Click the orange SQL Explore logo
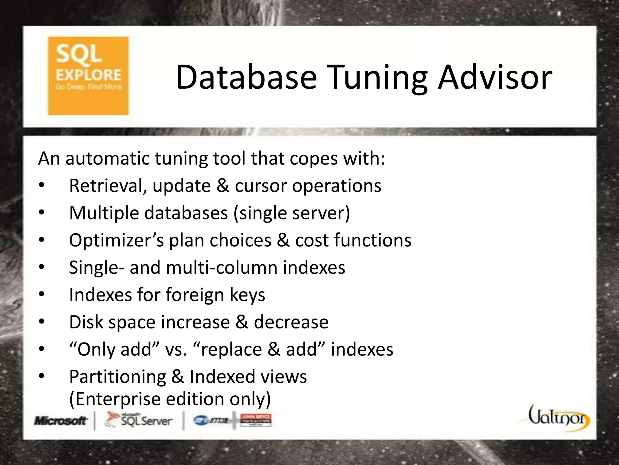point(88,76)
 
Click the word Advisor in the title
point(495,77)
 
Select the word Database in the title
point(246,77)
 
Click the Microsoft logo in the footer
point(61,420)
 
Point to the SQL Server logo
point(139,420)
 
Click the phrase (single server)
point(292,213)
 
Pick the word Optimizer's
point(116,240)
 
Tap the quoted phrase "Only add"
point(115,349)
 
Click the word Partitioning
point(117,377)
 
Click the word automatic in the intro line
point(108,158)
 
